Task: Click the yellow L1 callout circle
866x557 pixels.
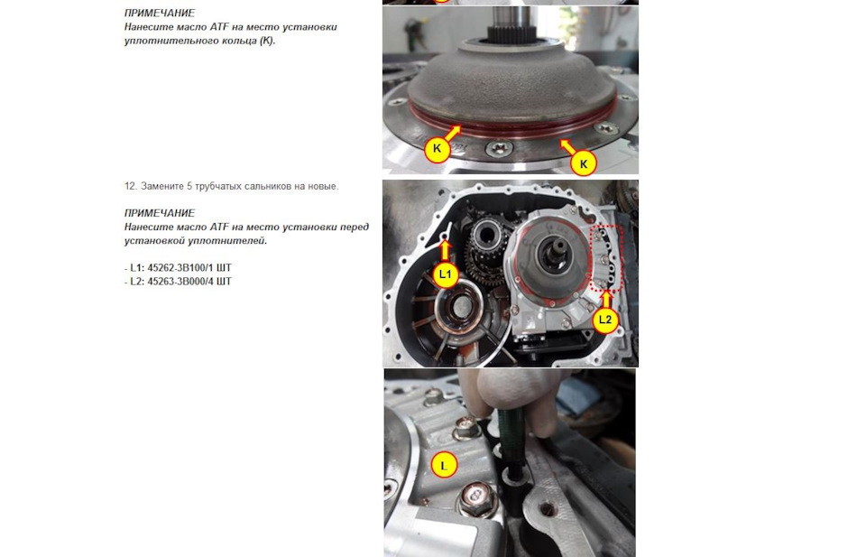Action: (x=445, y=274)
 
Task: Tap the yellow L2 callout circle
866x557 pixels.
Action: (x=606, y=320)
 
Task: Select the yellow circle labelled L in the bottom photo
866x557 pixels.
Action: (x=444, y=465)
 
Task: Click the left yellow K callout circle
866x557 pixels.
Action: (x=437, y=149)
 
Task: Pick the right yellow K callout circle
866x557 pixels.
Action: (x=584, y=163)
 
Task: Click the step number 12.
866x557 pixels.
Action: (x=130, y=186)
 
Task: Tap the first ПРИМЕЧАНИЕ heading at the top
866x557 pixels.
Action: (x=160, y=13)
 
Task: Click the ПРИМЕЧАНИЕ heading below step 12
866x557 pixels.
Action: (x=160, y=213)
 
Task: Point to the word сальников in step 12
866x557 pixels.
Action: (x=269, y=186)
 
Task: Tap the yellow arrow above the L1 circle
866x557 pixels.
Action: (x=445, y=250)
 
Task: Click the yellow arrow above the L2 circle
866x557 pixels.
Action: (x=606, y=300)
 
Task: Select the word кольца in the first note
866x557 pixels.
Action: (x=239, y=41)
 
